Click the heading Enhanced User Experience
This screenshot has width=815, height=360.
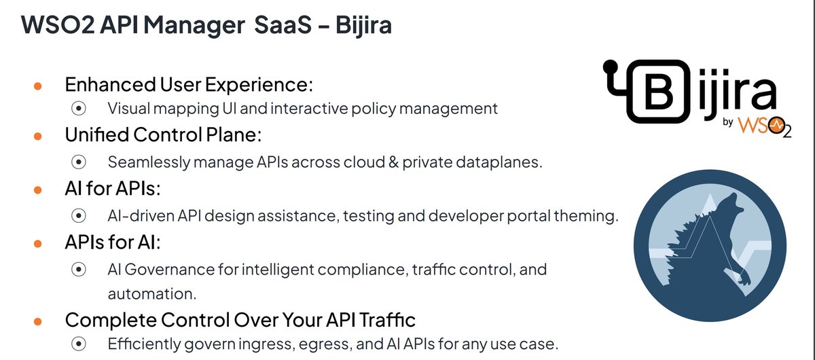189,86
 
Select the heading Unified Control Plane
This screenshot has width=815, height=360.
163,134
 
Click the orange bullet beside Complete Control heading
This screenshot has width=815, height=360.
39,319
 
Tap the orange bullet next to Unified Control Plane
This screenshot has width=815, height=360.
39,135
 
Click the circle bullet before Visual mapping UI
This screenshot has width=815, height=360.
79,108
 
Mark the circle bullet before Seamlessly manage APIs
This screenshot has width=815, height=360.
79,162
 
